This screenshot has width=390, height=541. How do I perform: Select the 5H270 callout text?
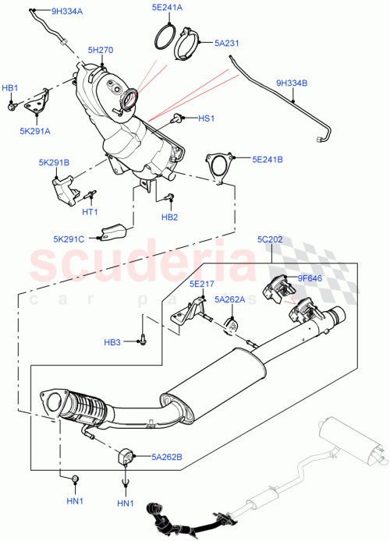click(x=101, y=50)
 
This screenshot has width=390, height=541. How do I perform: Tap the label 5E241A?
click(x=167, y=8)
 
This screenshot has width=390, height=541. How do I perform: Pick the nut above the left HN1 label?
click(x=74, y=476)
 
